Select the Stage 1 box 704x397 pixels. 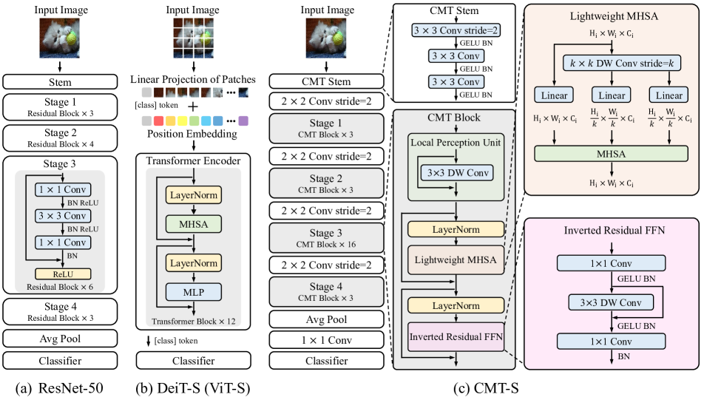[326, 128]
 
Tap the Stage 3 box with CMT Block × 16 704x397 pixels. [326, 237]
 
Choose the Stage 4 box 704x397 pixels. [326, 291]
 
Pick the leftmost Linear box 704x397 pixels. [554, 95]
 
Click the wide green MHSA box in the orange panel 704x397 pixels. [611, 153]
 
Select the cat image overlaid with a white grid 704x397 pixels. [193, 38]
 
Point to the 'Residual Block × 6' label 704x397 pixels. [60, 287]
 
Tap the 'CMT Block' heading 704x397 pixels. [453, 118]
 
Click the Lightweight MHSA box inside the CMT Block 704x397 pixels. [456, 259]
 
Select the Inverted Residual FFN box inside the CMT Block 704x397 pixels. [456, 336]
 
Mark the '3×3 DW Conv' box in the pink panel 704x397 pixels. [611, 302]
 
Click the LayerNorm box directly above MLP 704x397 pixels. [193, 262]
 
